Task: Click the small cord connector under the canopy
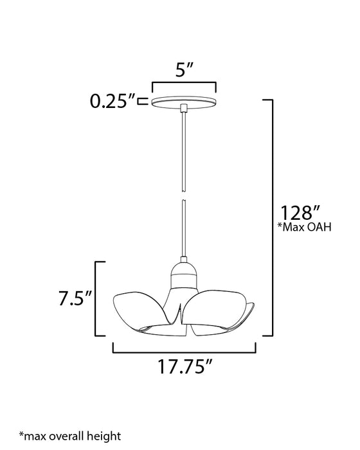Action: click(x=184, y=107)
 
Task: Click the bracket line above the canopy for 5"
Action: click(x=183, y=83)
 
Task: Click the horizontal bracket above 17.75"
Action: click(x=184, y=352)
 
